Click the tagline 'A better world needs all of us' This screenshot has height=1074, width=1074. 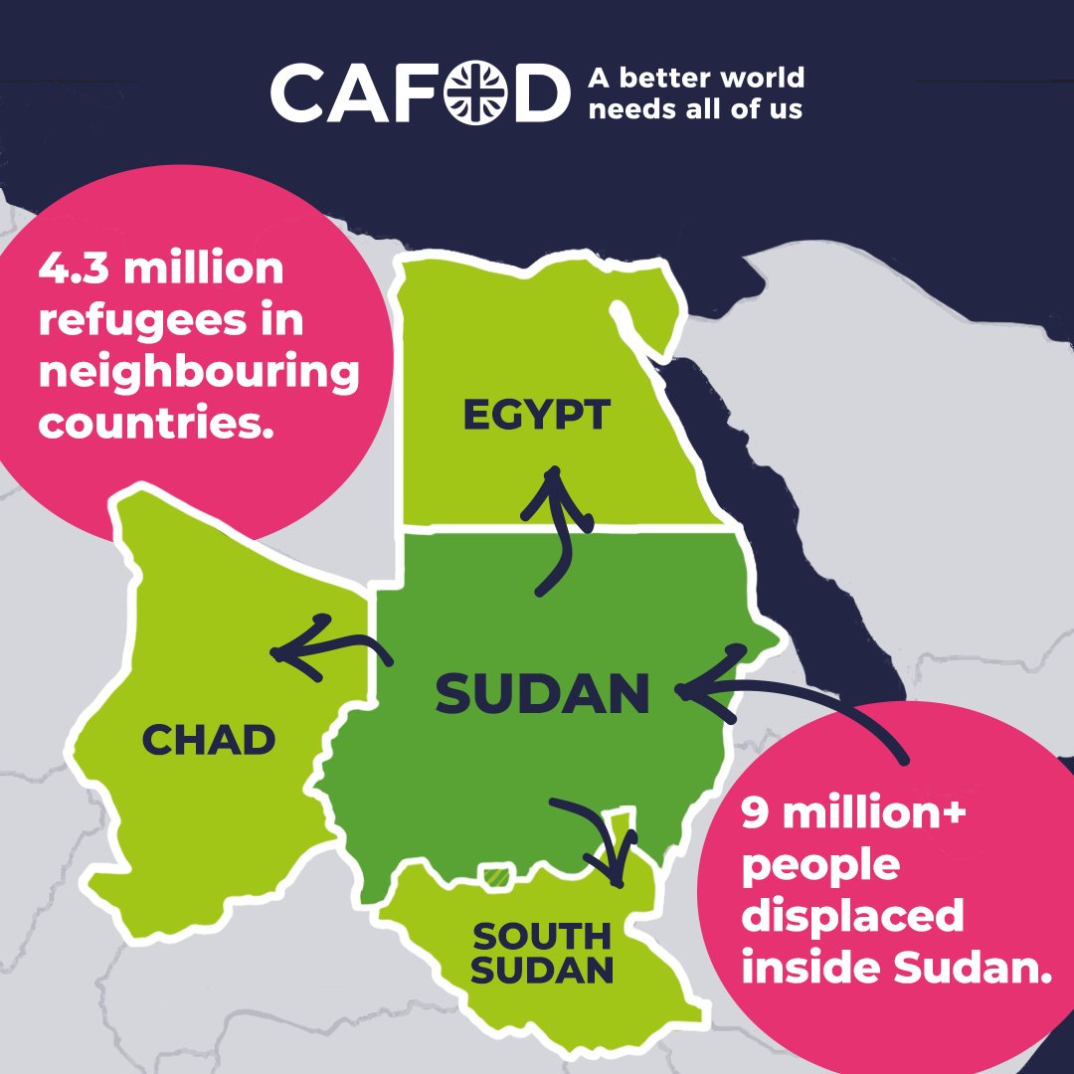coord(695,92)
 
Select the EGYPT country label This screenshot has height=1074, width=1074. coord(535,415)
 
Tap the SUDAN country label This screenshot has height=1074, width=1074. coord(543,693)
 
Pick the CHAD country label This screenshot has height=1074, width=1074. coord(208,740)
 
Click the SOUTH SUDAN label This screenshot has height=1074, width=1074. coord(542,953)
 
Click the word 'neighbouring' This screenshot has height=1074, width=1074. coord(198,375)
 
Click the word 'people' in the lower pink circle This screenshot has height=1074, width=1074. coord(820,865)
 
